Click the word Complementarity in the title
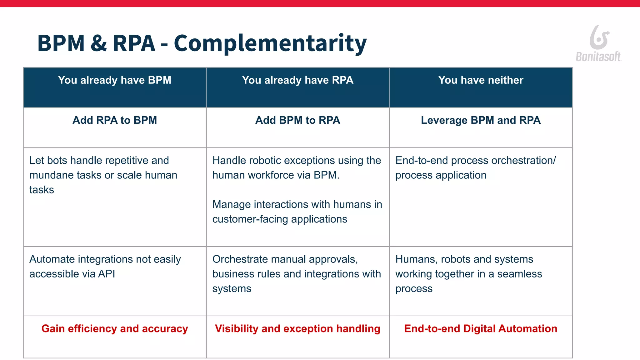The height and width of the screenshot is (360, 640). [270, 43]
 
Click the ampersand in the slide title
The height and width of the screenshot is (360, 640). [98, 43]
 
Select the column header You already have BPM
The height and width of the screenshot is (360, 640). [115, 80]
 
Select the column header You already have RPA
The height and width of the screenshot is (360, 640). [297, 80]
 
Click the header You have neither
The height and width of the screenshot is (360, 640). [481, 80]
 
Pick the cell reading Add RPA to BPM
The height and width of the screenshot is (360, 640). [115, 120]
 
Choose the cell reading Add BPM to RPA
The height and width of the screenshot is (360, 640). [297, 120]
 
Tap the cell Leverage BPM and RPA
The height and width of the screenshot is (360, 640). [481, 120]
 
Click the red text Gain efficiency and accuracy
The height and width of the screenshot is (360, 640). [115, 329]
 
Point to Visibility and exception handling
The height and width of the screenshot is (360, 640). [297, 329]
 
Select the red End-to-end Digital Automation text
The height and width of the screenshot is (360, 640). [481, 329]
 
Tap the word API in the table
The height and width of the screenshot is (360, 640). [107, 274]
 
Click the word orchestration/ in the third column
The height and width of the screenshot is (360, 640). [524, 161]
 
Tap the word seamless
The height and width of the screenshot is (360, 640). [519, 274]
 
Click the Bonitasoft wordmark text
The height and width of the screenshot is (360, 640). [598, 57]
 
